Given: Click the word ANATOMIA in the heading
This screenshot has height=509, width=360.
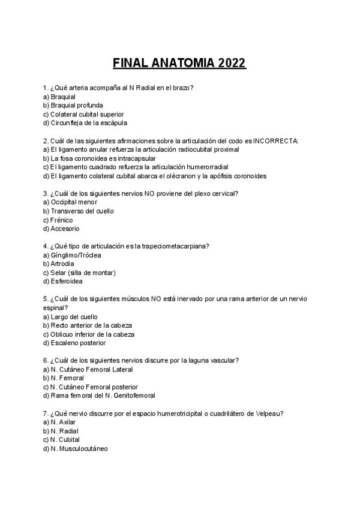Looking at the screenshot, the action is [x=184, y=63].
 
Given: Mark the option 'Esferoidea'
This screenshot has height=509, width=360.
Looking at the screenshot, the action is [x=67, y=281].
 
